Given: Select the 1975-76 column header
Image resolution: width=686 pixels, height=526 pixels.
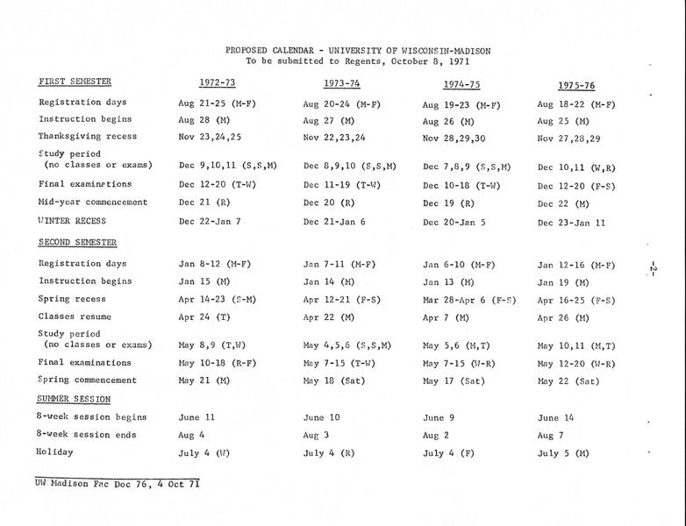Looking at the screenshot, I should [576, 85].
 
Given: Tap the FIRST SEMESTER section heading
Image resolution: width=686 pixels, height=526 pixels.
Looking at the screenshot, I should [75, 82].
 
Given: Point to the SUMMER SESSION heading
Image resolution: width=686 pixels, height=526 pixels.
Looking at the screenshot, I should [73, 399].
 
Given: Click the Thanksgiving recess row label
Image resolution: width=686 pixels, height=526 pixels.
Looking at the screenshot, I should [85, 137].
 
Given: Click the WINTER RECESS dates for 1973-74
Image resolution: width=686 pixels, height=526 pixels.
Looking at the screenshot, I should [334, 222].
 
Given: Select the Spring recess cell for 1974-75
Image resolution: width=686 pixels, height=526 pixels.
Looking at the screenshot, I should [468, 300].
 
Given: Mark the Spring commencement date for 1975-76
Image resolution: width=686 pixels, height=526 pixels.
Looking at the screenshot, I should [568, 381].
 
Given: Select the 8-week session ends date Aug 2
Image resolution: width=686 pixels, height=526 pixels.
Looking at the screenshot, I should [436, 436].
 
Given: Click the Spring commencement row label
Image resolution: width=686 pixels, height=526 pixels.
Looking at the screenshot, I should [88, 380].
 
